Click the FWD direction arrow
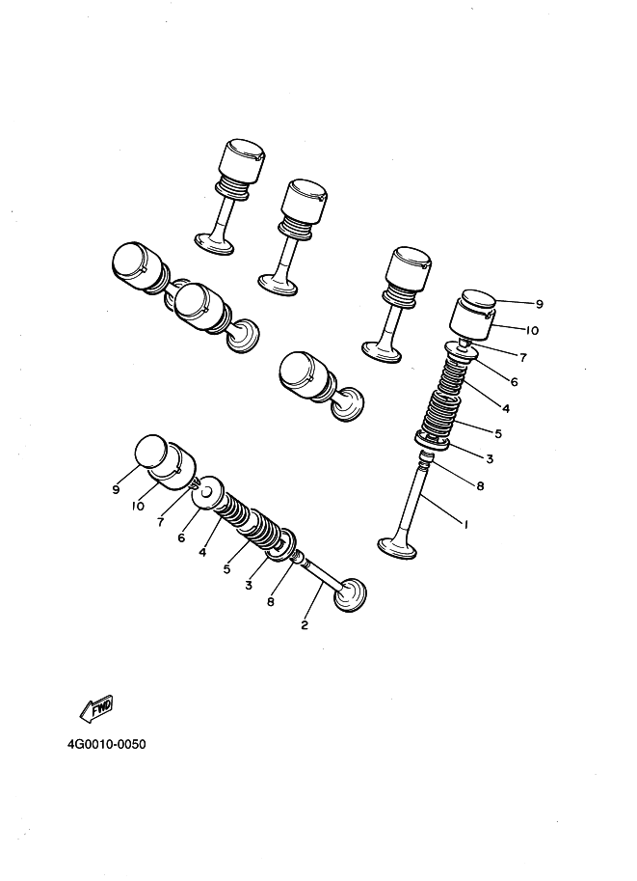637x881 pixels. point(98,708)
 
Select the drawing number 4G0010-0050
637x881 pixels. point(107,745)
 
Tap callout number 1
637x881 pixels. point(465,524)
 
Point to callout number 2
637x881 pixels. point(305,624)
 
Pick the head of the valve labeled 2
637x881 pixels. point(350,595)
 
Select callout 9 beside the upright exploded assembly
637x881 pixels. point(540,304)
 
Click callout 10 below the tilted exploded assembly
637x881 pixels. point(138,506)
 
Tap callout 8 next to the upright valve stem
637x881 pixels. point(480,485)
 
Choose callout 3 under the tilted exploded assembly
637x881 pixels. point(249,586)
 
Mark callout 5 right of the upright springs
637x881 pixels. point(498,434)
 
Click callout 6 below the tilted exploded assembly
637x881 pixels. point(181,537)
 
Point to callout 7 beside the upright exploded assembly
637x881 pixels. point(523,357)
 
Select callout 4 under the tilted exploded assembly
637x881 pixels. point(202,552)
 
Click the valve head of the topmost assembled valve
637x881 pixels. point(214,244)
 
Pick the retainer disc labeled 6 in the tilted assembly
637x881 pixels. point(208,494)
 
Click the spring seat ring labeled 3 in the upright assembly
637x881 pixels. point(432,440)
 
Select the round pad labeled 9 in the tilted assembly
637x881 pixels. point(151,453)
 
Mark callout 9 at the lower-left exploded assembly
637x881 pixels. point(117,489)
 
